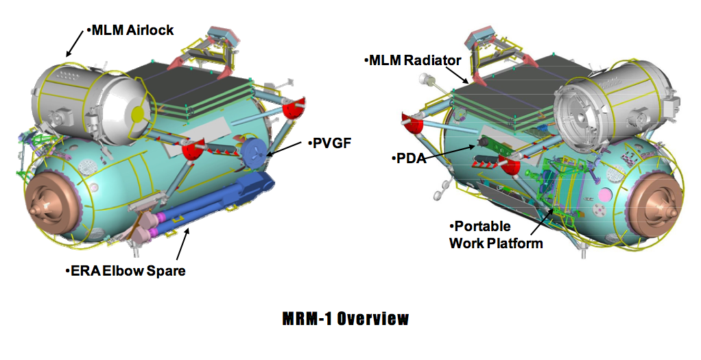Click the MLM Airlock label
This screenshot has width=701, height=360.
130,30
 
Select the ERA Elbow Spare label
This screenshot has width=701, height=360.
128,271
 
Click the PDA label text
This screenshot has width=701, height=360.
412,158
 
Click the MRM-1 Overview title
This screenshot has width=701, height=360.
346,319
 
